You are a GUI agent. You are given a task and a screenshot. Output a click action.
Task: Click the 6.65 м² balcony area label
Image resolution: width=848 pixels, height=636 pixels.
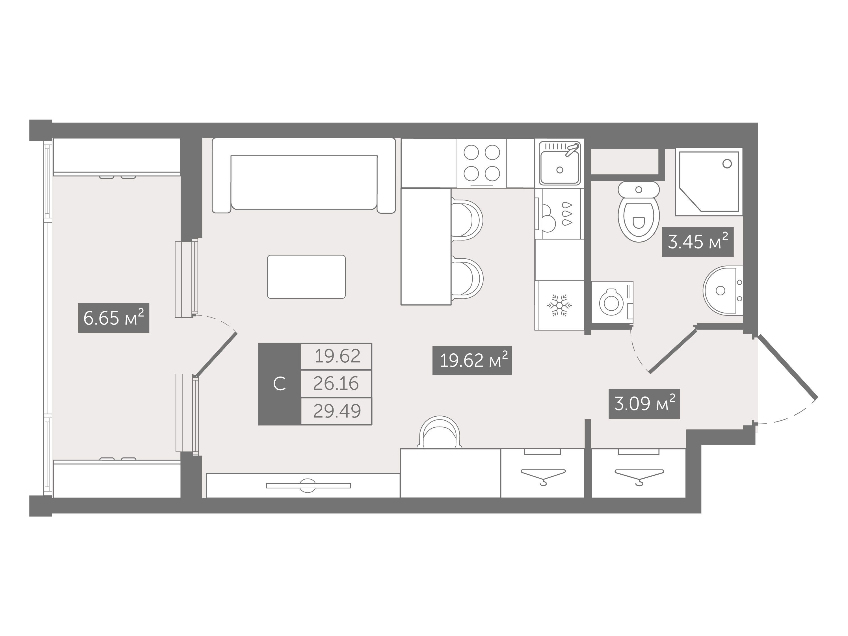click(x=113, y=318)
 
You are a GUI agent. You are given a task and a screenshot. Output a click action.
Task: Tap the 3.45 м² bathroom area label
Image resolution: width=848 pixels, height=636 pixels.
click(x=698, y=242)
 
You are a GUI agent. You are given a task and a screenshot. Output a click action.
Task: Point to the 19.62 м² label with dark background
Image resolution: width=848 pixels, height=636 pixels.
click(x=472, y=360)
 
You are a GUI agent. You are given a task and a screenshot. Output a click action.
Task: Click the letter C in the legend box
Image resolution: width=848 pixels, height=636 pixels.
click(x=280, y=384)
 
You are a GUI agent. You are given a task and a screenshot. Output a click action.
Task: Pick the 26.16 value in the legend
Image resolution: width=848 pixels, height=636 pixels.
click(x=336, y=383)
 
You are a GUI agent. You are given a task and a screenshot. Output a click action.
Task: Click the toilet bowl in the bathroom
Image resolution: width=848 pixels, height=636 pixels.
click(x=639, y=212)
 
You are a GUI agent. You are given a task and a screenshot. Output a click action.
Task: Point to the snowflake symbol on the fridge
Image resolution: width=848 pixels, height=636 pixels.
click(x=559, y=305)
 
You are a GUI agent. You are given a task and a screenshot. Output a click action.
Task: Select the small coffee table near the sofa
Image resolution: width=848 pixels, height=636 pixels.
click(x=306, y=276)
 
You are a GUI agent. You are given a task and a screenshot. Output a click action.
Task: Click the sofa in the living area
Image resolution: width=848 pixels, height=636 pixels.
click(x=304, y=176)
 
